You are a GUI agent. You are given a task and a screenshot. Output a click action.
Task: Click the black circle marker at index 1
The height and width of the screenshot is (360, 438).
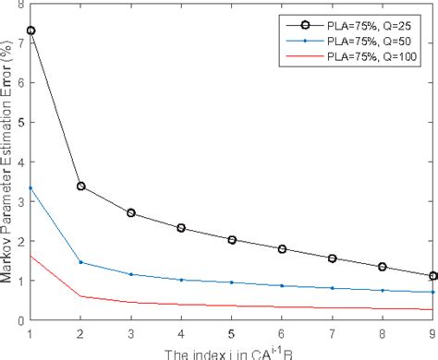pyautogui.click(x=30, y=30)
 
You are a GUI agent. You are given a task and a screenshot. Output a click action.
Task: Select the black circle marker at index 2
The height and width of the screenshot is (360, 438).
pyautogui.click(x=80, y=186)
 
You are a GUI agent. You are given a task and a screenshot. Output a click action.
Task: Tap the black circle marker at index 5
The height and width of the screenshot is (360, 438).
pyautogui.click(x=231, y=240)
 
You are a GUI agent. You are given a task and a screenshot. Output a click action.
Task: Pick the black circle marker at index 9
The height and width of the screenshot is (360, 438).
pyautogui.click(x=432, y=276)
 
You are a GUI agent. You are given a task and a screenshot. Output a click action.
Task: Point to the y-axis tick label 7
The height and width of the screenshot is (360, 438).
pyautogui.click(x=20, y=42)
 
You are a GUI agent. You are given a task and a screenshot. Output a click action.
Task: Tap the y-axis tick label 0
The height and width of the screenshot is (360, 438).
pyautogui.click(x=20, y=319)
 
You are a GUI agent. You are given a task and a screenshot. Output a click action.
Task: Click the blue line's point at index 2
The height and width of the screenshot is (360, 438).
pyautogui.click(x=80, y=262)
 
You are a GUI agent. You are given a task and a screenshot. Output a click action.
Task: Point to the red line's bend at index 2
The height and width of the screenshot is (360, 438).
pyautogui.click(x=80, y=296)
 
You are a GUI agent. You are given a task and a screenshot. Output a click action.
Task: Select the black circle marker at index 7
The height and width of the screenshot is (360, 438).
pyautogui.click(x=331, y=258)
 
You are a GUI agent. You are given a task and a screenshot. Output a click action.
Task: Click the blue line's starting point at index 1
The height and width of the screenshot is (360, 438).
pyautogui.click(x=30, y=187)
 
